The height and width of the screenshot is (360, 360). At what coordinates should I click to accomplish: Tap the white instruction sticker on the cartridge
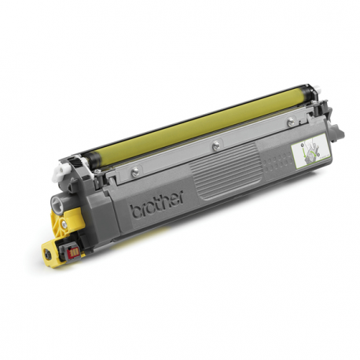(303, 150)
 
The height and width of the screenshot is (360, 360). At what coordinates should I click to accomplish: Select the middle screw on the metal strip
(214, 144)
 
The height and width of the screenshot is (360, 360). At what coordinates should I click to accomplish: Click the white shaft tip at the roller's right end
(321, 94)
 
